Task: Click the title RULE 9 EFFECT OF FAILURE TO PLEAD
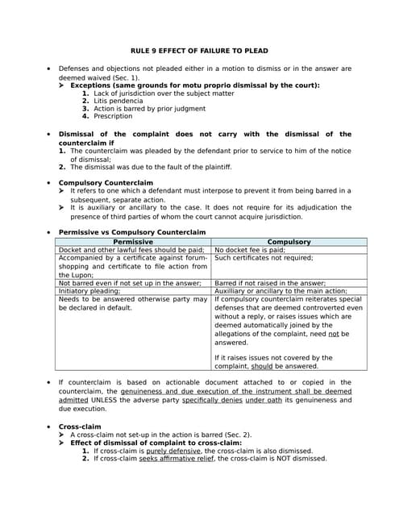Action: [200, 51]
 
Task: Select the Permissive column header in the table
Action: [133, 242]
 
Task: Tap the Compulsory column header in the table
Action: [289, 242]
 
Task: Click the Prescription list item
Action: [113, 116]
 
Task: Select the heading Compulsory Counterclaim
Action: [106, 183]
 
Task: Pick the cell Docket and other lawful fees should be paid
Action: [131, 250]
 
